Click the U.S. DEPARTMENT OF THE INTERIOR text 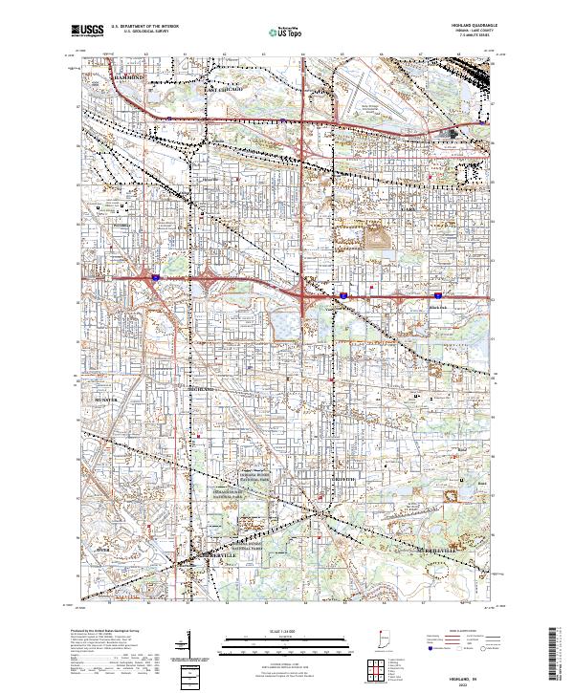[x=142, y=27]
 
